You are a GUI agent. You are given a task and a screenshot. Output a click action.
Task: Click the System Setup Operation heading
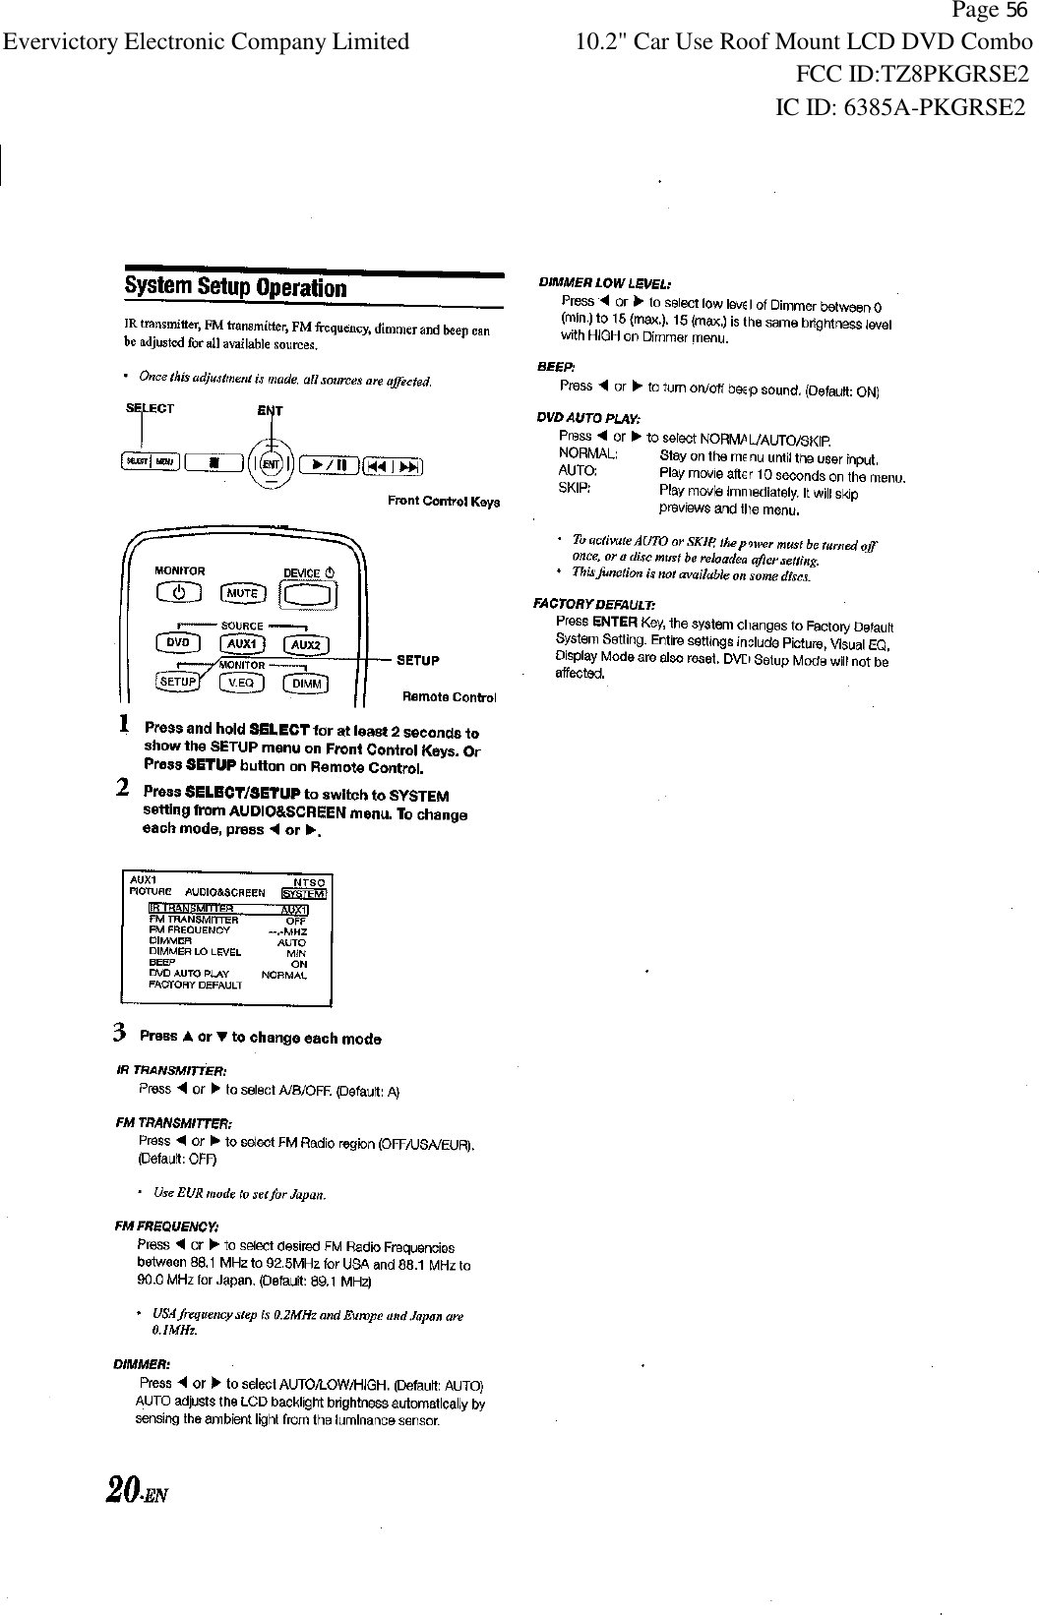click(x=235, y=288)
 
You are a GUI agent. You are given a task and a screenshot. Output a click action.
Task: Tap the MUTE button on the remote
click(x=242, y=593)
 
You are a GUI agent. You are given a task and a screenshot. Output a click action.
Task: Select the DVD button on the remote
click(x=178, y=642)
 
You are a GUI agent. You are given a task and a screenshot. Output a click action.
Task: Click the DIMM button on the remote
click(x=307, y=685)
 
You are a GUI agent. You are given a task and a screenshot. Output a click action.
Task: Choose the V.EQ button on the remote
click(x=242, y=684)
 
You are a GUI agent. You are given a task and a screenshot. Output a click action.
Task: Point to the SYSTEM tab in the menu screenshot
click(x=304, y=893)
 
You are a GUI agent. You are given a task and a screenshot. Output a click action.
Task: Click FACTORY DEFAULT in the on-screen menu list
click(x=195, y=985)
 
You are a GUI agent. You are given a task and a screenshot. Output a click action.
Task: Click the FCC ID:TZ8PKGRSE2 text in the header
click(x=912, y=74)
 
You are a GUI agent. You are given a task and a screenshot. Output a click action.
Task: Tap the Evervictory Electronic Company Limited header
click(x=206, y=41)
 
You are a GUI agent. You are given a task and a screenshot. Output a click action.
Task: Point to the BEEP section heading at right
click(x=549, y=367)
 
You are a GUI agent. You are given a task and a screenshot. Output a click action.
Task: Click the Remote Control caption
click(x=449, y=697)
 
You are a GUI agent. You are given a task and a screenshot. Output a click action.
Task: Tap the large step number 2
click(x=123, y=788)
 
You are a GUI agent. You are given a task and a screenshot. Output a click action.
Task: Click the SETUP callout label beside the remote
click(x=417, y=660)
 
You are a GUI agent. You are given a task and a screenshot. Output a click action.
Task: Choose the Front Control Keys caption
click(x=444, y=502)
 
